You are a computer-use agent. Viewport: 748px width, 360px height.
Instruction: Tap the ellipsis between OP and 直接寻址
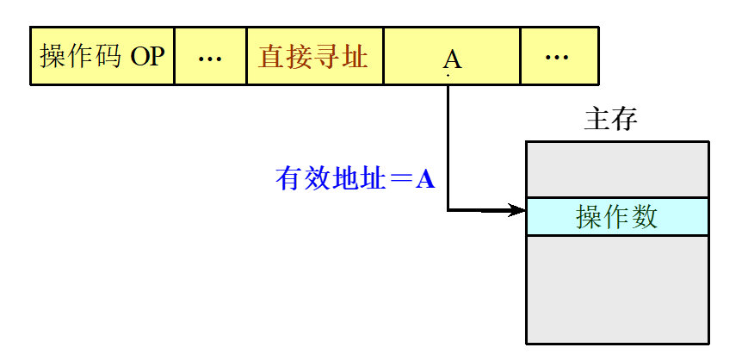click(210, 58)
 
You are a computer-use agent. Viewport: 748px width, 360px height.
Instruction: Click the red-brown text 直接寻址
click(313, 57)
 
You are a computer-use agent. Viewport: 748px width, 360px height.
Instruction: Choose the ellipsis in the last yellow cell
click(558, 58)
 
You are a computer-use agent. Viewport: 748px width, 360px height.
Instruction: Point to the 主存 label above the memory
click(610, 119)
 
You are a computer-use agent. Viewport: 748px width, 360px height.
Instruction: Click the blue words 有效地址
click(331, 179)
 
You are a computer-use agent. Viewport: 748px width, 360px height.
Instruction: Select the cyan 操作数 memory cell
click(617, 216)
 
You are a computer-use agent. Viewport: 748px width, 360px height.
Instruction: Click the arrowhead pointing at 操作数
click(518, 209)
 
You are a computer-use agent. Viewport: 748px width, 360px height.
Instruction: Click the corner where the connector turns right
click(448, 209)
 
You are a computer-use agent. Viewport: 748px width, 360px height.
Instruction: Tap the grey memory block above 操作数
click(617, 170)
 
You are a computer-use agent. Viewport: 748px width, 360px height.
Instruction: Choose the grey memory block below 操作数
click(617, 289)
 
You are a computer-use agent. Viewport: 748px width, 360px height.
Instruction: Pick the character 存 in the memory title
click(624, 119)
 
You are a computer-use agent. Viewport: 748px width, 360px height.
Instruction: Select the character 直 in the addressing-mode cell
click(271, 57)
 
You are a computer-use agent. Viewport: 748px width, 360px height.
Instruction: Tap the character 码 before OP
click(109, 57)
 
